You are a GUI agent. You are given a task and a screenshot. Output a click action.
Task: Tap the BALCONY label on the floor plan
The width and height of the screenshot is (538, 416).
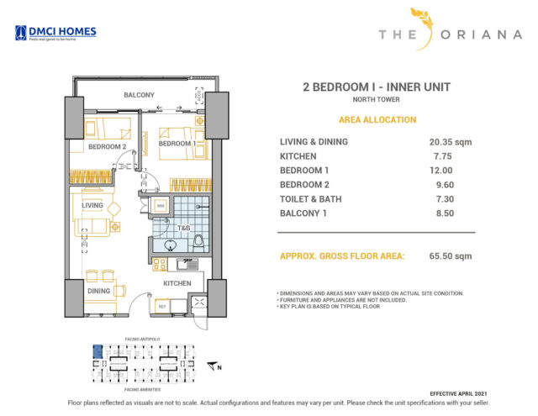[x=139, y=95]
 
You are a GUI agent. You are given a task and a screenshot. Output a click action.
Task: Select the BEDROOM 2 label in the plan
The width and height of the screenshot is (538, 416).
[x=107, y=147]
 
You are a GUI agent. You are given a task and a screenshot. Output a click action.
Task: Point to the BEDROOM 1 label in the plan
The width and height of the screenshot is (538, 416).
[x=177, y=144]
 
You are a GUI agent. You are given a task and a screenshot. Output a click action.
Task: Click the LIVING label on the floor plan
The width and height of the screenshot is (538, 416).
[x=92, y=204]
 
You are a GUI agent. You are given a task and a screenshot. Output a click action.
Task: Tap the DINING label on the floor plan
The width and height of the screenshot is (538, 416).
[x=98, y=291]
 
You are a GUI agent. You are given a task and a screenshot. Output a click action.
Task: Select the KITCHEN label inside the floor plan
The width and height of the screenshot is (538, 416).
[x=177, y=283]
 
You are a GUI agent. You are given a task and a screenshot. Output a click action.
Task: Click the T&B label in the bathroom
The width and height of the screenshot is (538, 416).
[x=183, y=228]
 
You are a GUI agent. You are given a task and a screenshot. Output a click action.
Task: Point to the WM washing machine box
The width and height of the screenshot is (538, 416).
[x=161, y=205]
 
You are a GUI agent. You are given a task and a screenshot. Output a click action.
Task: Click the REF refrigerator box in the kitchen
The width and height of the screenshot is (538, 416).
[x=161, y=308]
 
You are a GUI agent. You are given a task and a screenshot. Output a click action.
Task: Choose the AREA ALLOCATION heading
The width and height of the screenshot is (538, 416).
[x=377, y=120]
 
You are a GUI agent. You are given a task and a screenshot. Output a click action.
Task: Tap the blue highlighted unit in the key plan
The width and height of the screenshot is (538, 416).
[x=97, y=350]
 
